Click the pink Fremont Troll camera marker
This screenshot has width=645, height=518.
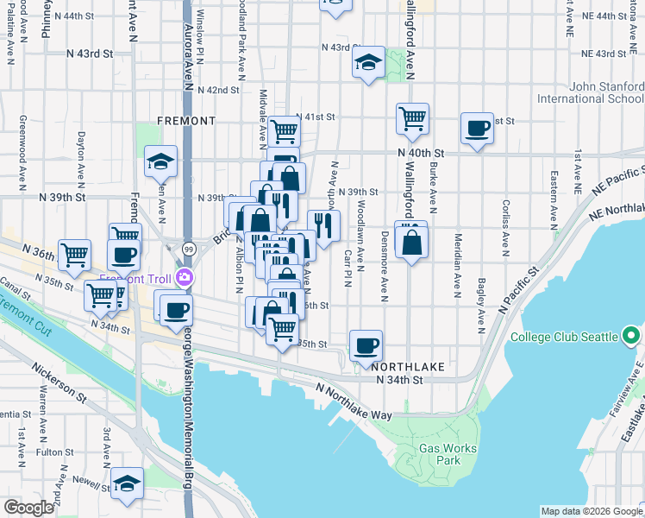click(x=184, y=276)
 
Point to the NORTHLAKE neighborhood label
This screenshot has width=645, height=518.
click(x=410, y=367)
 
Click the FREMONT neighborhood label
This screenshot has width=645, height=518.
click(x=186, y=121)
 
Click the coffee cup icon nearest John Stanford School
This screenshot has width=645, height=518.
click(x=477, y=129)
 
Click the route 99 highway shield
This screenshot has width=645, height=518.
click(x=188, y=248)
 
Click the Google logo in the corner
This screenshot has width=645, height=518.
click(x=29, y=507)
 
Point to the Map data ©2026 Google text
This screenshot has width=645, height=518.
click(x=591, y=511)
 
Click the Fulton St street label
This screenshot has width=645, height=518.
click(x=54, y=452)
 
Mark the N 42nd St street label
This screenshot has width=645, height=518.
click(x=217, y=90)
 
